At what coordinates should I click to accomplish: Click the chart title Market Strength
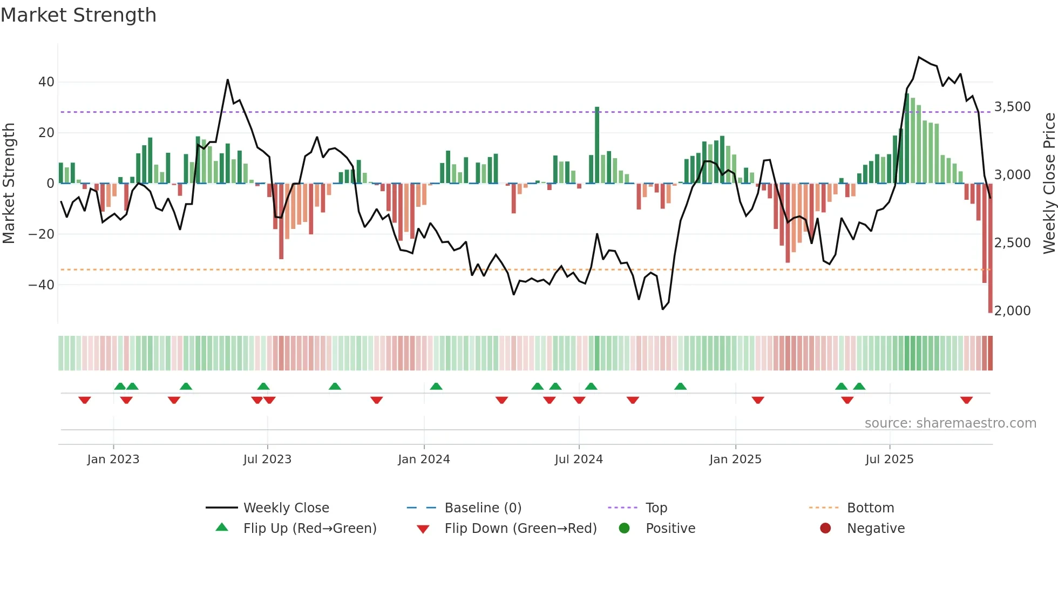[78, 15]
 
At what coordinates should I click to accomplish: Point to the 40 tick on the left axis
[46, 82]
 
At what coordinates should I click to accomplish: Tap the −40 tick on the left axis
[42, 285]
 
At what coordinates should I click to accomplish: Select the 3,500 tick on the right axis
[1012, 107]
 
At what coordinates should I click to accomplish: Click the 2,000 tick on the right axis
[1012, 311]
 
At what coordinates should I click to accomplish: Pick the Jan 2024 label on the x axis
[424, 459]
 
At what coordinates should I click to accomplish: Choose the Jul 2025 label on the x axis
[889, 459]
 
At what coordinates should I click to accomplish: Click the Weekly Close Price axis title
[1049, 184]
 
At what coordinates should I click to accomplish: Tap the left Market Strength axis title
[9, 184]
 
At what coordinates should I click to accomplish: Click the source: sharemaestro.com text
[950, 423]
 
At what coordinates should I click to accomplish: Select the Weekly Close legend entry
[286, 508]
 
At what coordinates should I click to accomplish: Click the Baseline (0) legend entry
[483, 508]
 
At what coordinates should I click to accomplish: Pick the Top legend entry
[656, 508]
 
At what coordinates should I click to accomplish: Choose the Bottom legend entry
[870, 508]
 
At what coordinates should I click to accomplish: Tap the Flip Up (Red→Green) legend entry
[309, 529]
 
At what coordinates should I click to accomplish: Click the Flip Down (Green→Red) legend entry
[520, 529]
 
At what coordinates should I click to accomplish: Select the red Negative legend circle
[825, 529]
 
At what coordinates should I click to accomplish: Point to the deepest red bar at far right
[990, 248]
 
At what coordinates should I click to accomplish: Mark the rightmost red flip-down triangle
[966, 400]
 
